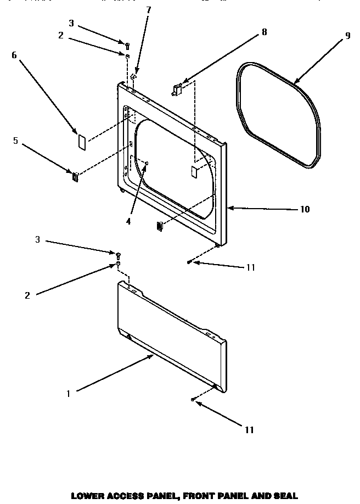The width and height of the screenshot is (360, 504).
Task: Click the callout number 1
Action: (x=68, y=393)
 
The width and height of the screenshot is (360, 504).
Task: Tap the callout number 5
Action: (x=15, y=141)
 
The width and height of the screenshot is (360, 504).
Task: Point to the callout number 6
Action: (x=14, y=55)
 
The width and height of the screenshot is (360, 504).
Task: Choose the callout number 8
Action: (x=265, y=32)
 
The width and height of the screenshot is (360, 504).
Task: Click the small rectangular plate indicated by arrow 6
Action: (x=80, y=141)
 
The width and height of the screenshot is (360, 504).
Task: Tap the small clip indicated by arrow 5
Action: (x=75, y=176)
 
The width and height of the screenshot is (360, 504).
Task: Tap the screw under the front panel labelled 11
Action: (x=189, y=262)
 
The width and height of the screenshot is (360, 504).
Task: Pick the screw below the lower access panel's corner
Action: (x=193, y=400)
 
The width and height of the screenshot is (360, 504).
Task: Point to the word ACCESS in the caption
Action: (x=126, y=496)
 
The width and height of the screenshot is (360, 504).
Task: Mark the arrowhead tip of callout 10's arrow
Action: (x=228, y=208)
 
